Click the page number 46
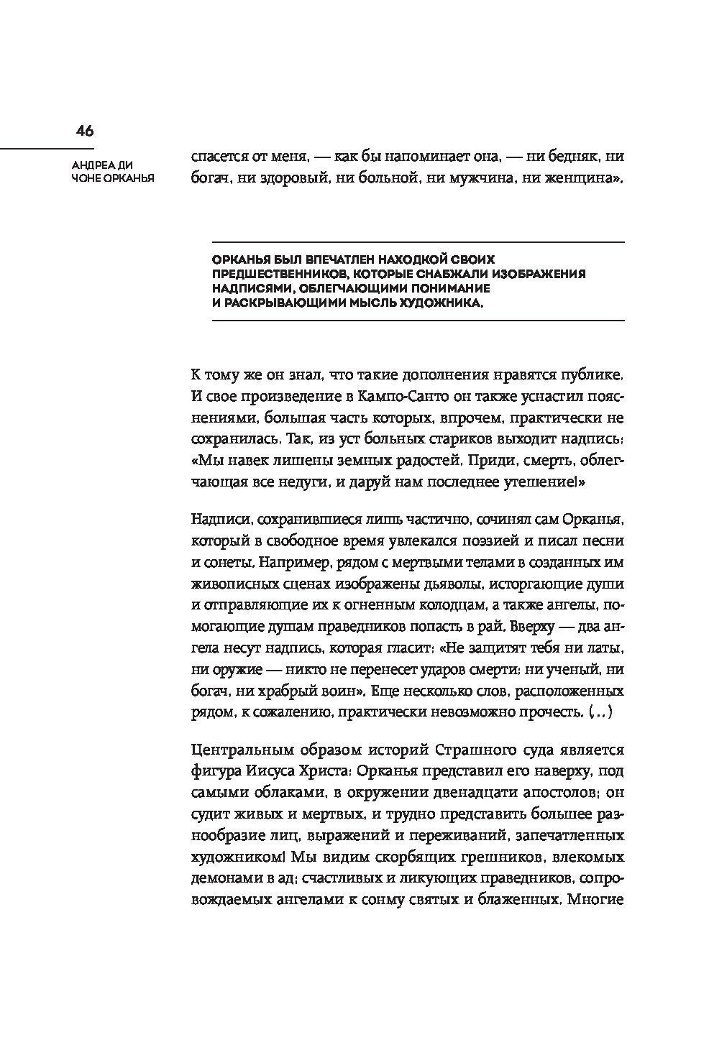pos(85,131)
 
